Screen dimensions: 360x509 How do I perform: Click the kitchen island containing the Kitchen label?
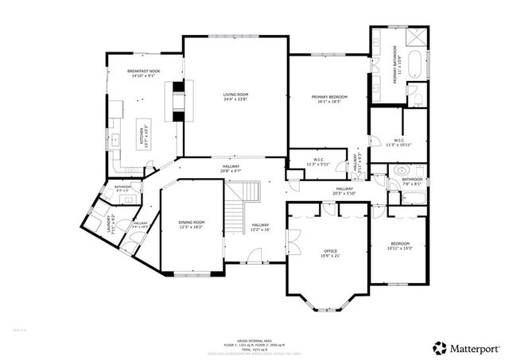tap(144, 135)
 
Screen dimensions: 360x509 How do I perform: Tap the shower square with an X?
tap(416, 37)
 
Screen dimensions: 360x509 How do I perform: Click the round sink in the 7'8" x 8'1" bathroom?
tap(401, 169)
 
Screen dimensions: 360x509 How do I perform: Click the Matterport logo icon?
tap(439, 346)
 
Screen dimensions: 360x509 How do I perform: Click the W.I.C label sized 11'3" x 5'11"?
tap(317, 161)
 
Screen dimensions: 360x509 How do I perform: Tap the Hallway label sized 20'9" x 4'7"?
tap(230, 169)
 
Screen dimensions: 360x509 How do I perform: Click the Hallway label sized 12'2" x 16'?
tap(260, 227)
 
